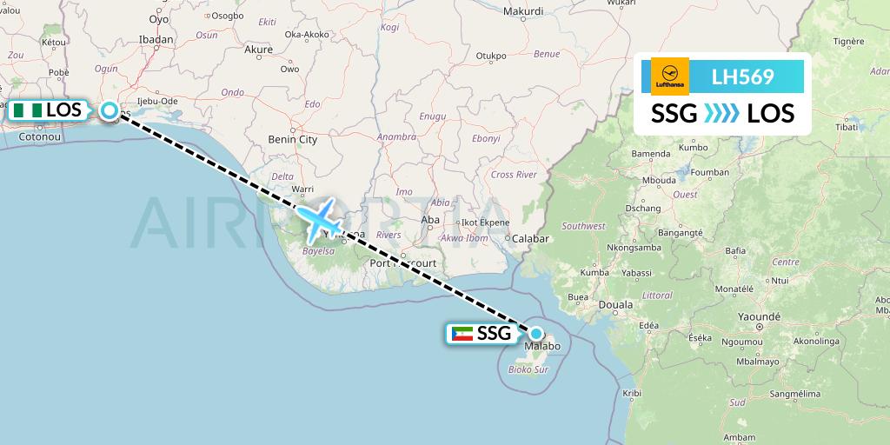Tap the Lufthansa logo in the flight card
coord(670,76)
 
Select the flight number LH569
coord(742,76)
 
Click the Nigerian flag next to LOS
coord(25,110)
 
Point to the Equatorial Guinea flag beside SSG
coord(462,334)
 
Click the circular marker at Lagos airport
coord(110,110)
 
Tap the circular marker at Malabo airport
coord(536,333)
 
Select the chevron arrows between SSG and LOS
coord(722,113)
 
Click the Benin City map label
coord(294,139)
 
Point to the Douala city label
coord(616,305)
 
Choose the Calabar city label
coord(532,238)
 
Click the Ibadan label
coord(156,40)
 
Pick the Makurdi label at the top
coord(523,11)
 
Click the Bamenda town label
coord(651,154)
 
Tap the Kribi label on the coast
coord(632,394)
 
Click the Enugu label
coord(432,116)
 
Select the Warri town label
coord(302,188)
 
